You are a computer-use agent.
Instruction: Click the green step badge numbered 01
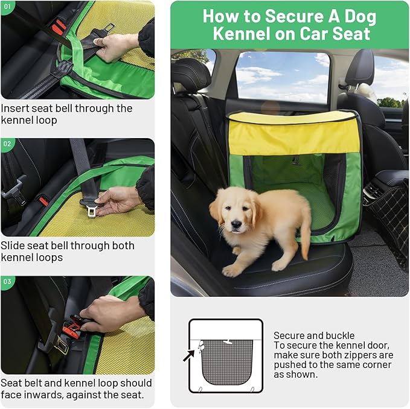(x=7, y=6)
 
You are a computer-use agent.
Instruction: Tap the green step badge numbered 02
(x=7, y=144)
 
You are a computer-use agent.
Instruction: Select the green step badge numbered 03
(x=7, y=281)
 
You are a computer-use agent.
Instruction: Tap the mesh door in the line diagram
(x=226, y=361)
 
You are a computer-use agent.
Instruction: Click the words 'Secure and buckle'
(x=314, y=335)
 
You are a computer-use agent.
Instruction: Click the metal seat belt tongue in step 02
(x=92, y=209)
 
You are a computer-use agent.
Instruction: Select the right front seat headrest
(x=360, y=69)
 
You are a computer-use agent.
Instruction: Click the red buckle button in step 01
(x=57, y=27)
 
